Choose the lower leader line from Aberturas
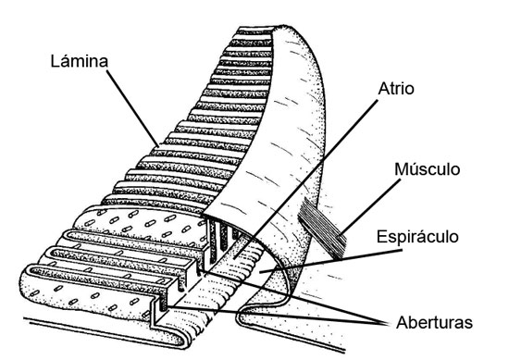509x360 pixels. (x=278, y=317)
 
